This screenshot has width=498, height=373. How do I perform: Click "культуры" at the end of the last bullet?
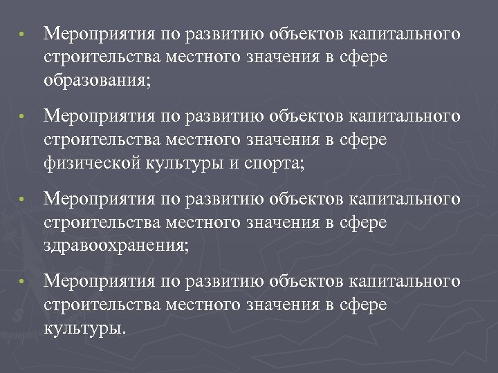click(82, 327)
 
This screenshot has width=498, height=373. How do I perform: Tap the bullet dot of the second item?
click(22, 117)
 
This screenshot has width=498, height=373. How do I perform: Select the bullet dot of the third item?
click(22, 200)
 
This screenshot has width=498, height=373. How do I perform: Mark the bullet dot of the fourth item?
click(22, 282)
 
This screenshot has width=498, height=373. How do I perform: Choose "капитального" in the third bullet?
click(404, 199)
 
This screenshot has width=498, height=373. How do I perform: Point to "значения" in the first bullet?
click(283, 57)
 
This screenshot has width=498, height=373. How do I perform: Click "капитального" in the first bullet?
click(404, 35)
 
